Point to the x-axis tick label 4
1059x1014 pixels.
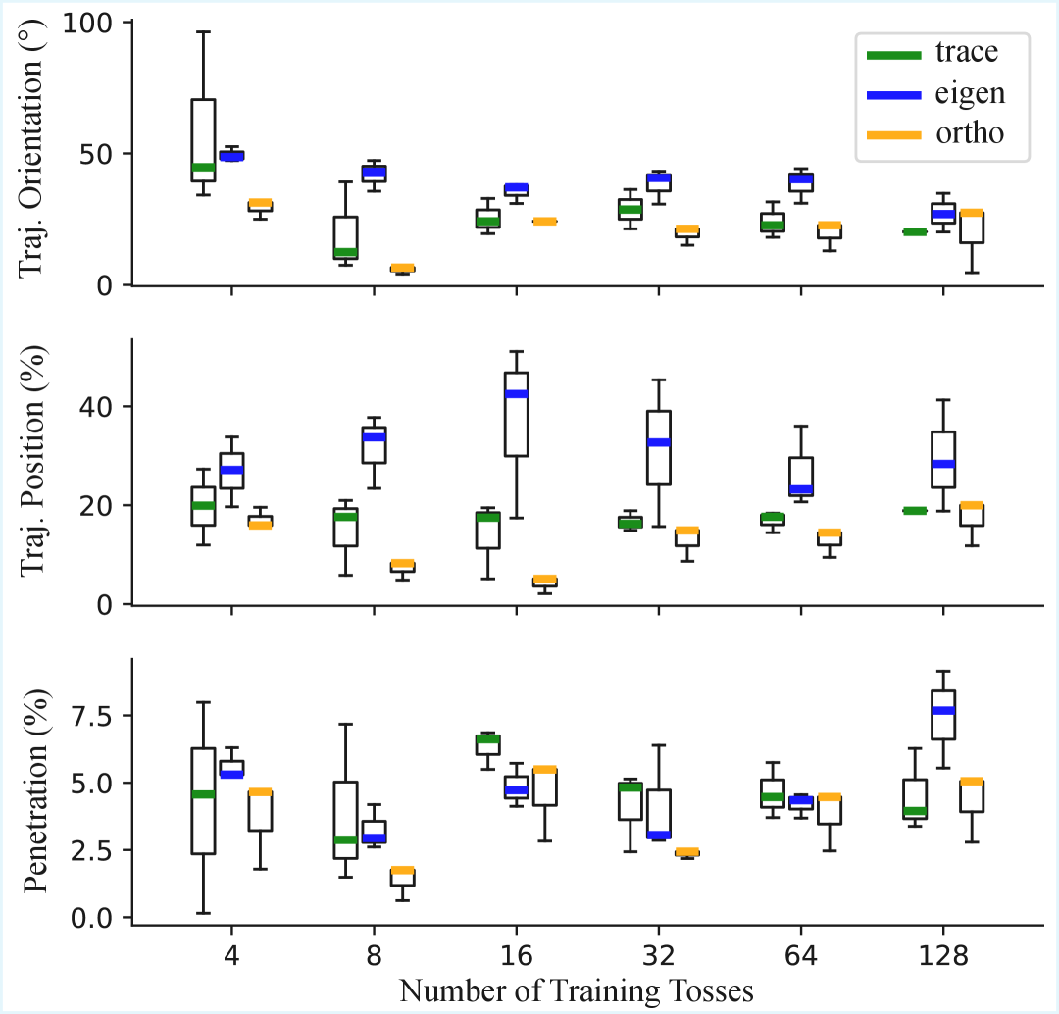coord(231,955)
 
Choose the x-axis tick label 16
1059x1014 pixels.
coord(516,955)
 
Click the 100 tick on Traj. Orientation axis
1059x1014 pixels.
coord(90,22)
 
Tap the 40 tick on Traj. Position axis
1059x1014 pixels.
coord(102,407)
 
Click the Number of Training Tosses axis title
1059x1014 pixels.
coord(577,990)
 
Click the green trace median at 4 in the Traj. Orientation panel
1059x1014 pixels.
coord(203,168)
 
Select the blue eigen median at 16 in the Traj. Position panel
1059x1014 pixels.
coord(516,394)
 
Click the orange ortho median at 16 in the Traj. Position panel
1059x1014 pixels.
coord(544,580)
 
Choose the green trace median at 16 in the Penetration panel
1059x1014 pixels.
coord(487,739)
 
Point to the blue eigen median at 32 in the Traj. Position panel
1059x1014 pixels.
coord(658,442)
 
